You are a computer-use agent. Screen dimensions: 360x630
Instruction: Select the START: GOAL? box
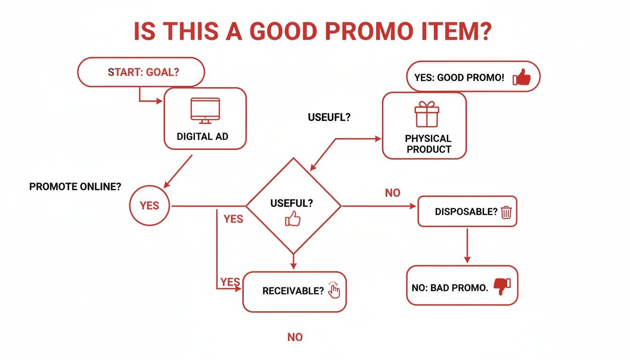coord(141,72)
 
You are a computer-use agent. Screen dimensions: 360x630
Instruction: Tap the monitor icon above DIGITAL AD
coord(205,111)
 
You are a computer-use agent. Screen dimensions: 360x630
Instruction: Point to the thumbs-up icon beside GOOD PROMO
coord(521,77)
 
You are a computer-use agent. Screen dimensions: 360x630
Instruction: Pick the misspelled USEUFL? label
coord(329,117)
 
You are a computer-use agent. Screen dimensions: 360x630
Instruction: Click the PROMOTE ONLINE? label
coord(75,187)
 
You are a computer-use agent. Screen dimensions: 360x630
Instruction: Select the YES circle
coord(150,206)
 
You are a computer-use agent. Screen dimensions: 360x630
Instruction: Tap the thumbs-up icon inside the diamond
coord(292,219)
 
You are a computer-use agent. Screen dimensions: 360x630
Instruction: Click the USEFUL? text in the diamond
coord(292,203)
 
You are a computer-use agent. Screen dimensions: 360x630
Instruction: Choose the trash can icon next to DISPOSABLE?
coord(506,212)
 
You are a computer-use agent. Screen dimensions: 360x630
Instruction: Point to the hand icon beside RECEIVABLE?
coord(334,290)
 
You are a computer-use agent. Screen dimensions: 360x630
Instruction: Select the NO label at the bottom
coord(295,337)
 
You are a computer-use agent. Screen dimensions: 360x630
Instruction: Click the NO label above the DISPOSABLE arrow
coord(392,193)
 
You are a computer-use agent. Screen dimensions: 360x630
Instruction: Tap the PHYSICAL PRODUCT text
coord(428,144)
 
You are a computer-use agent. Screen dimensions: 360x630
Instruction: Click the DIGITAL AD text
coord(202,137)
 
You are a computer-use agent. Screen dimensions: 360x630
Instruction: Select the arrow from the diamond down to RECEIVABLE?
coord(293,261)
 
